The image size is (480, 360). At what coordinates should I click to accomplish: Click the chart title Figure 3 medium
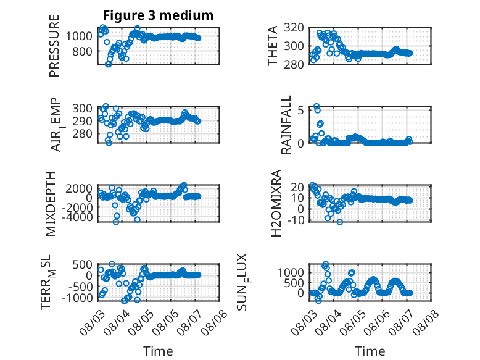click(x=159, y=15)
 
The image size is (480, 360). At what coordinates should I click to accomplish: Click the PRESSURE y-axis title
click(x=54, y=46)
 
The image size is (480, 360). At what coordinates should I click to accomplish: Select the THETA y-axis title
click(x=272, y=46)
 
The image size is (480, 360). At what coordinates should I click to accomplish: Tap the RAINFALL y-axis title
click(x=286, y=125)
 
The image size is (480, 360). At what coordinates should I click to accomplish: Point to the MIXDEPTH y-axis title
click(x=51, y=204)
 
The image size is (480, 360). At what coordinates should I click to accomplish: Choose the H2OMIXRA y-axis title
click(x=276, y=203)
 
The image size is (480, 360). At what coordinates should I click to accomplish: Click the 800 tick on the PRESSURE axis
click(x=82, y=51)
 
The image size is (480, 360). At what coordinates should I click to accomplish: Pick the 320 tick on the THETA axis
click(x=294, y=28)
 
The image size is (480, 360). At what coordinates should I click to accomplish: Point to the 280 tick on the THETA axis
click(x=294, y=64)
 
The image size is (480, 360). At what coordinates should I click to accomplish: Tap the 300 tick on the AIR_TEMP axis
click(x=82, y=108)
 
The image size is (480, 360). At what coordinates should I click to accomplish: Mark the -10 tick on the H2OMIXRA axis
click(x=296, y=220)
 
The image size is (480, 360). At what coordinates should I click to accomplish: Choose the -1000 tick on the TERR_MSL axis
click(x=77, y=298)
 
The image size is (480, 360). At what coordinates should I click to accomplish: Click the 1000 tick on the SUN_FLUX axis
click(x=291, y=272)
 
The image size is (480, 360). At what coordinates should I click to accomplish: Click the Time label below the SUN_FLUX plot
click(x=370, y=351)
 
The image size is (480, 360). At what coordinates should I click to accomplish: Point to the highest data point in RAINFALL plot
click(x=317, y=106)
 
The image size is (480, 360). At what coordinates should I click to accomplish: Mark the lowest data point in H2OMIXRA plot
click(x=340, y=222)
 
